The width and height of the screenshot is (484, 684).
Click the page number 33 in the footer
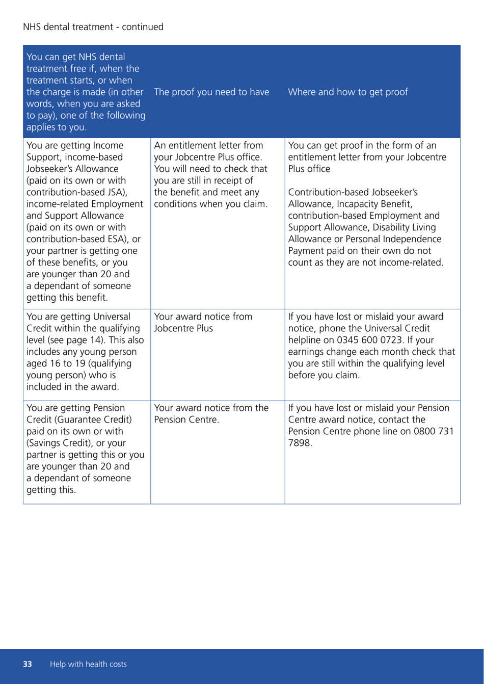[x=28, y=664]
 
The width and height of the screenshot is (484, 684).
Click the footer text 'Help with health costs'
[x=88, y=664]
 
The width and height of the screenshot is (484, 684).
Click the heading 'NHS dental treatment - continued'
[x=93, y=27]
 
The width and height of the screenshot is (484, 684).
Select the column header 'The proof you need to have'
[x=211, y=92]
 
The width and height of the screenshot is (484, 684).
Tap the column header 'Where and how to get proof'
[x=348, y=92]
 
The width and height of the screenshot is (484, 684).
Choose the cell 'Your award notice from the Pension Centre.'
[x=211, y=414]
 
